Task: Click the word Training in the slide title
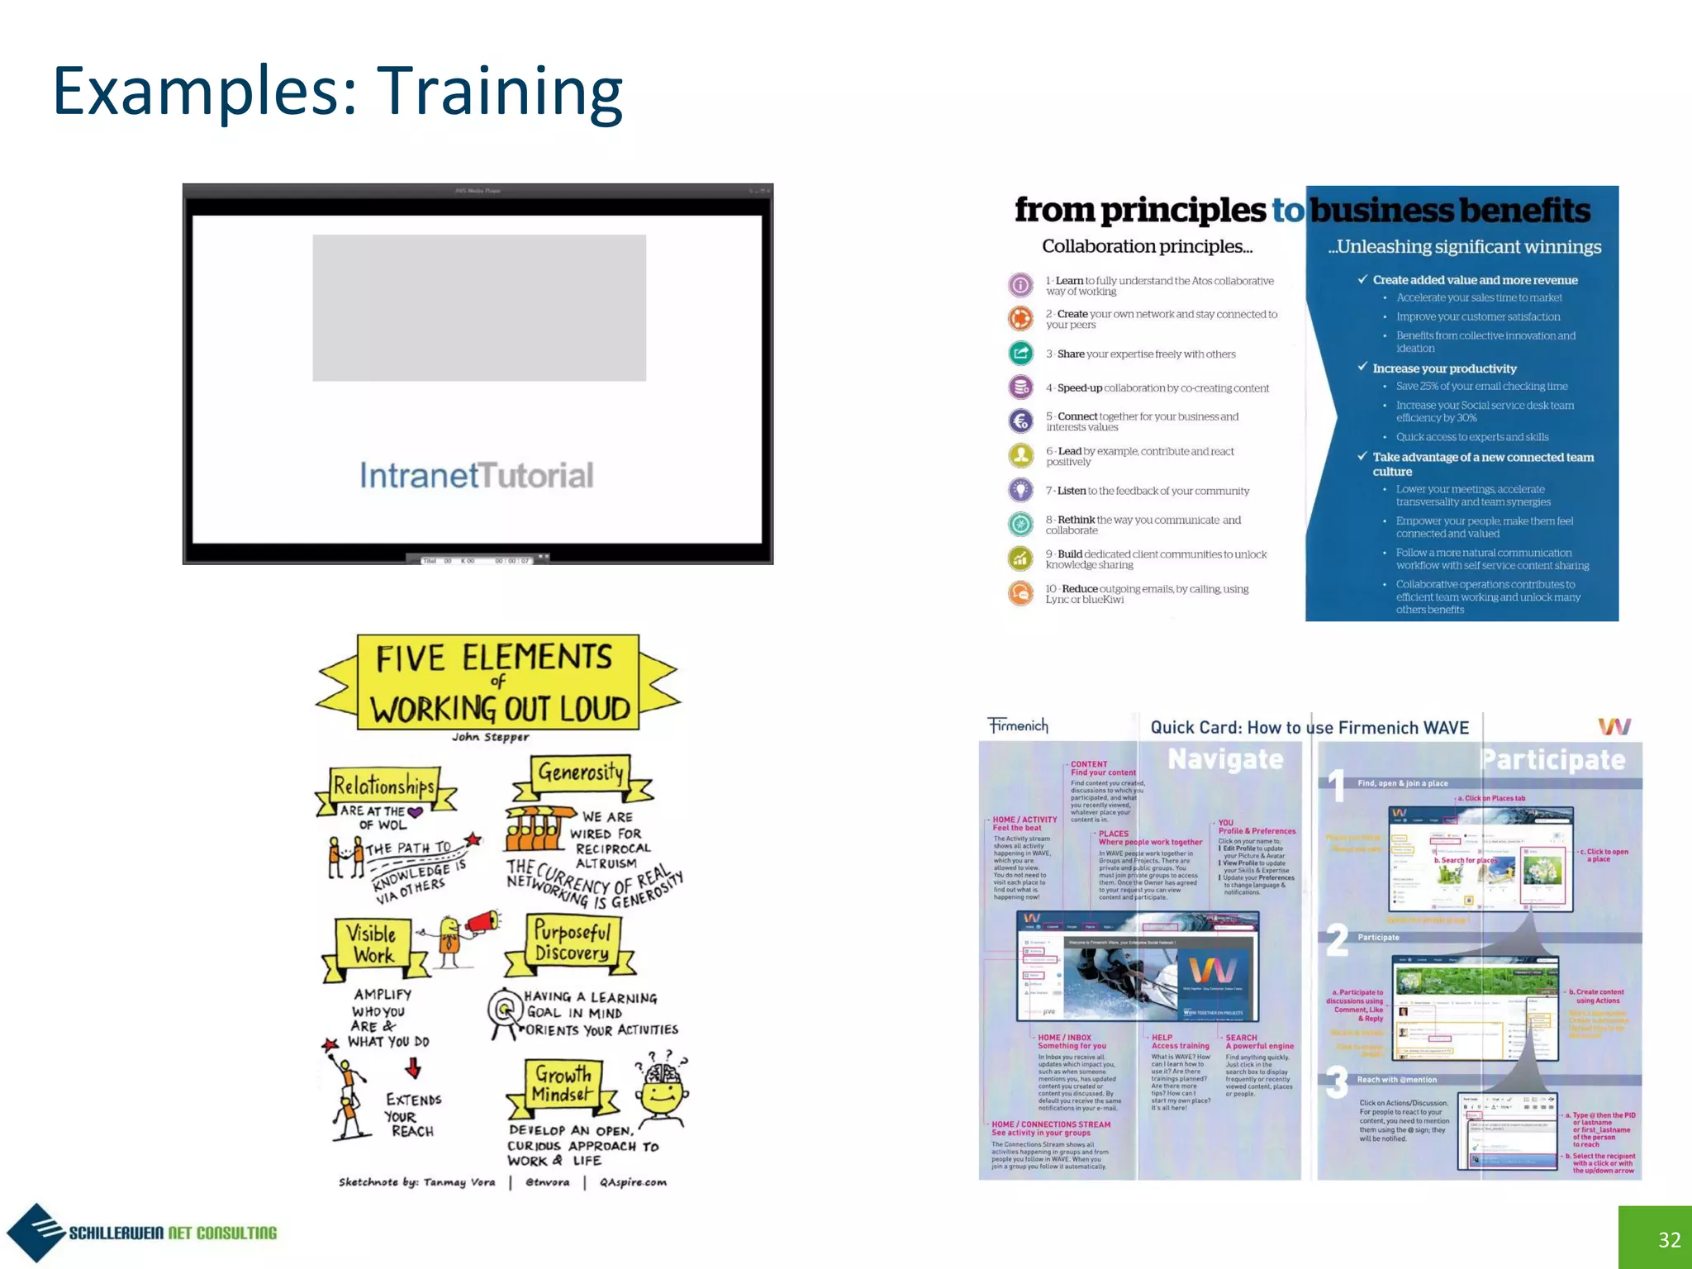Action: (500, 92)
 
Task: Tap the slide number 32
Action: (1669, 1239)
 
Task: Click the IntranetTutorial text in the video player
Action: (477, 475)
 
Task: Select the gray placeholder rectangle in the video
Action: (479, 307)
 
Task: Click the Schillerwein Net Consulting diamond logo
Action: (36, 1233)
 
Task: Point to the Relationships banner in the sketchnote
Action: (384, 786)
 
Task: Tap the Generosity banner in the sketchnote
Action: (581, 773)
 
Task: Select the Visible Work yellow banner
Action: (372, 944)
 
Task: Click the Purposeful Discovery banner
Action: (572, 943)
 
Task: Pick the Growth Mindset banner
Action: (563, 1085)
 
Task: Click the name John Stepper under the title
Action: (491, 737)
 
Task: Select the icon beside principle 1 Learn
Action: (1021, 285)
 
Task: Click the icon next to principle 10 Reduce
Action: (1021, 593)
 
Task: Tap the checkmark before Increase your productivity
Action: (1362, 368)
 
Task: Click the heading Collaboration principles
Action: (1147, 246)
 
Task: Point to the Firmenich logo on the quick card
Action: (1018, 725)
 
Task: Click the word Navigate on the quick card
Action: (1225, 759)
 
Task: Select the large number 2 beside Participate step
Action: (1337, 939)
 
